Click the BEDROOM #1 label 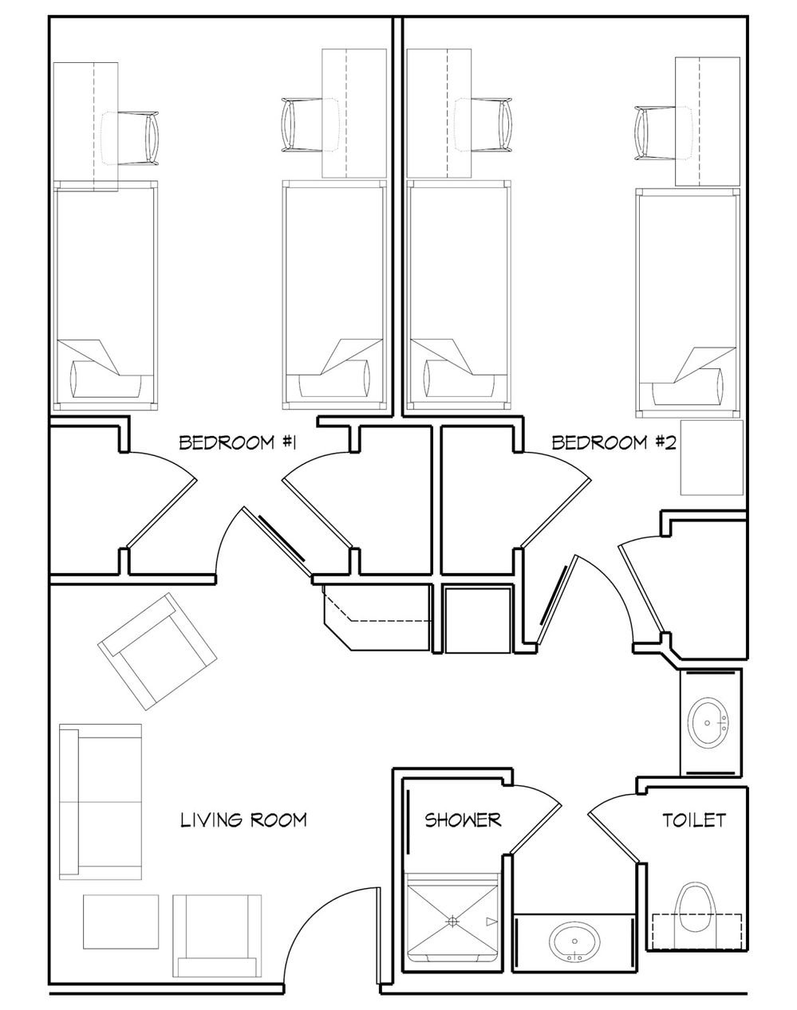click(238, 442)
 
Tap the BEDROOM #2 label click(614, 442)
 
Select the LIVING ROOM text click(244, 820)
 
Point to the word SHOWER click(463, 820)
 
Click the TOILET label click(694, 820)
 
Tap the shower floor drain click(452, 922)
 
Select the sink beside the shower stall click(574, 941)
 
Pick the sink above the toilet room click(708, 723)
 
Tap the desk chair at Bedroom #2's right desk click(663, 133)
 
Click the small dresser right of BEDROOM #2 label click(712, 458)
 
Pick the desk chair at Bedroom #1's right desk click(310, 125)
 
